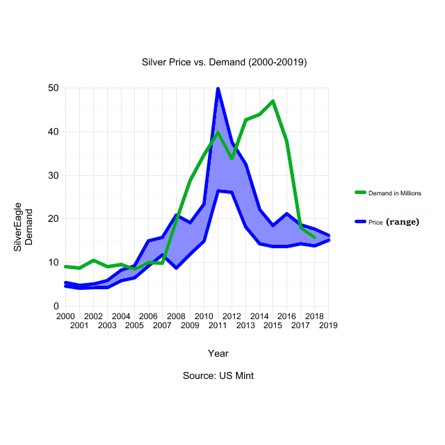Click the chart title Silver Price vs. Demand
pyautogui.click(x=224, y=62)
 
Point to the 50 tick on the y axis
pyautogui.click(x=54, y=88)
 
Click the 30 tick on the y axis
pyautogui.click(x=54, y=175)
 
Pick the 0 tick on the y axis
pyautogui.click(x=56, y=306)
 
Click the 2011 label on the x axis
pyautogui.click(x=218, y=325)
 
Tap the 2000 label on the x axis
pyautogui.click(x=65, y=316)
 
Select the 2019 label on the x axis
pyautogui.click(x=328, y=325)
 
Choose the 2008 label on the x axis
pyautogui.click(x=176, y=316)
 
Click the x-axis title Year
pyautogui.click(x=218, y=353)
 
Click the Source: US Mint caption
pyautogui.click(x=218, y=375)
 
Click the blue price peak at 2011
pyautogui.click(x=218, y=89)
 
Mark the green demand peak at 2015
pyautogui.click(x=273, y=102)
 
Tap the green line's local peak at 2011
pyautogui.click(x=218, y=133)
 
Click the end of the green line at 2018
pyautogui.click(x=314, y=238)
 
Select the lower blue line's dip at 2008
pyautogui.click(x=176, y=268)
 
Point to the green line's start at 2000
pyautogui.click(x=65, y=266)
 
